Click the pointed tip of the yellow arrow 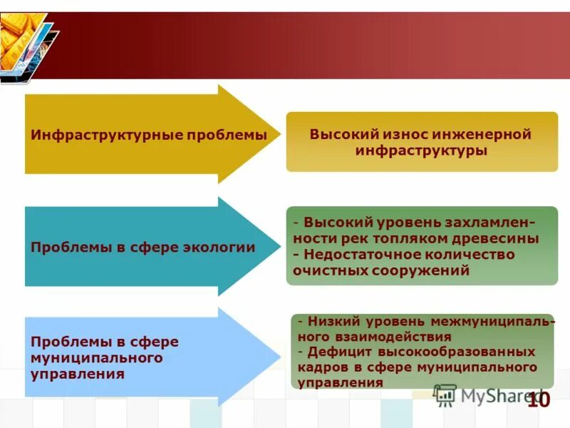click(x=279, y=134)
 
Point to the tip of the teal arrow click(x=279, y=247)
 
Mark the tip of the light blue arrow click(x=279, y=357)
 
